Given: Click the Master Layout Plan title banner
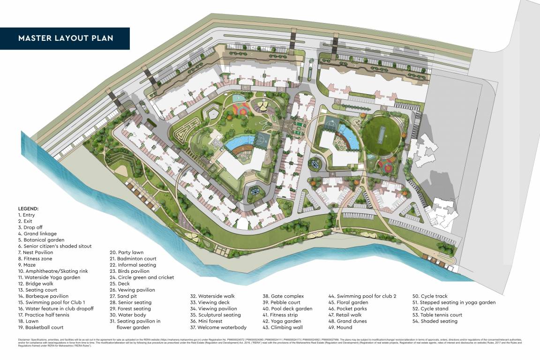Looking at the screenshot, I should pyautogui.click(x=65, y=38).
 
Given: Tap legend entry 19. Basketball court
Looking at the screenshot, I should pyautogui.click(x=41, y=327).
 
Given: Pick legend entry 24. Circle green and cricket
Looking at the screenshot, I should pyautogui.click(x=142, y=277).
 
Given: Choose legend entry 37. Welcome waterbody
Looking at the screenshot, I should pyautogui.click(x=218, y=327).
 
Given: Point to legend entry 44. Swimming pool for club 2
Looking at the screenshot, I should pyautogui.click(x=362, y=296).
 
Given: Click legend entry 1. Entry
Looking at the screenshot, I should pyautogui.click(x=26, y=215).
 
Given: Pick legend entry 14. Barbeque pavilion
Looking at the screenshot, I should pyautogui.click(x=44, y=296).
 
